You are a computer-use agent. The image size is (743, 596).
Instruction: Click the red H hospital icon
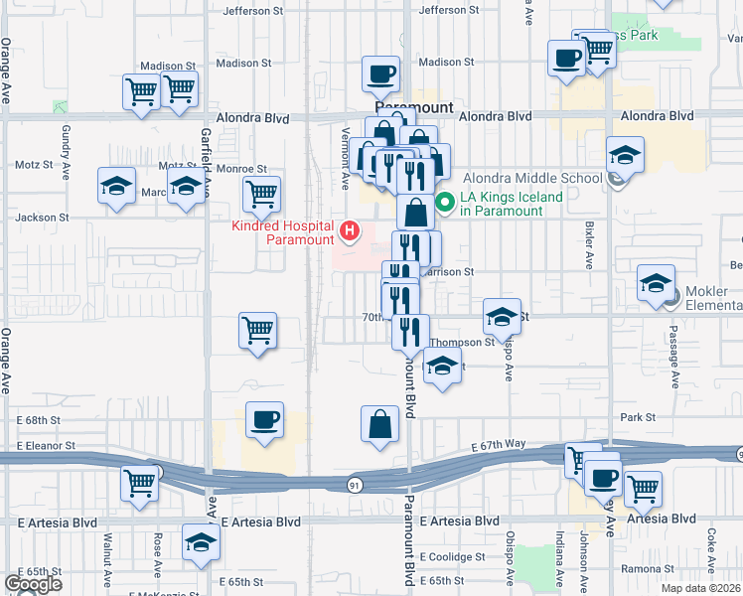[350, 231]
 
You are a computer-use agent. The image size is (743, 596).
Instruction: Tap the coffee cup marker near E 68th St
[263, 419]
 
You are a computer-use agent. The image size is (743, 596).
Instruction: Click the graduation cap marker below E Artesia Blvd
[201, 543]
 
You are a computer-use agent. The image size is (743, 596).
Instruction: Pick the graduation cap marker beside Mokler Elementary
[657, 283]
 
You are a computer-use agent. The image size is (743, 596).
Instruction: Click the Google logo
[33, 584]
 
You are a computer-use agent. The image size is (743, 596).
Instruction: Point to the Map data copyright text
[700, 588]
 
